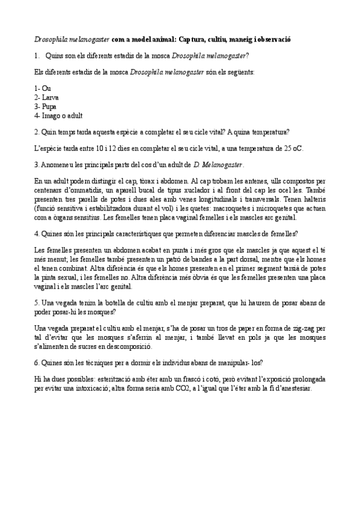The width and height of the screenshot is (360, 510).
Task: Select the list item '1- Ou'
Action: pyautogui.click(x=43, y=88)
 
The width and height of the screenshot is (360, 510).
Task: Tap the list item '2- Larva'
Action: pyautogui.click(x=47, y=97)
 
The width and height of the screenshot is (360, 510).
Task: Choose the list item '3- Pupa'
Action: pyautogui.click(x=46, y=106)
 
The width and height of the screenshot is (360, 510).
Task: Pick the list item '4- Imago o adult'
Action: pyautogui.click(x=58, y=115)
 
